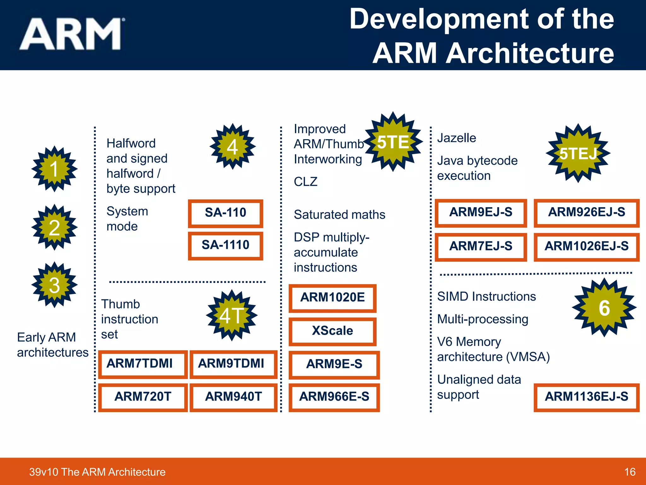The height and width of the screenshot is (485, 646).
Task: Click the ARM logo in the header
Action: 71,34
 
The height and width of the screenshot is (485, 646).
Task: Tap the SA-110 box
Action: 226,213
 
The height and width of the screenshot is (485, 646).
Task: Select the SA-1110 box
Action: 226,246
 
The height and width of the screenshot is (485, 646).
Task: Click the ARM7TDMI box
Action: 143,364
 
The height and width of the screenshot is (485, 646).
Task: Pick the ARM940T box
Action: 233,397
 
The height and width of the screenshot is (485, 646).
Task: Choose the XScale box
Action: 332,331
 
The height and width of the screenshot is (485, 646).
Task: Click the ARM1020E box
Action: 332,298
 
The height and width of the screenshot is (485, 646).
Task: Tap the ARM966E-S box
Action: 334,397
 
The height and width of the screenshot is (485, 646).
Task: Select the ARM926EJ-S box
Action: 586,213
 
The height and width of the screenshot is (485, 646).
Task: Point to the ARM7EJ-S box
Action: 481,247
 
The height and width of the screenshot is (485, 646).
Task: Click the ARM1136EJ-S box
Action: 586,397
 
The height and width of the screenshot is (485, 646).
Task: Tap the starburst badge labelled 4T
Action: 232,315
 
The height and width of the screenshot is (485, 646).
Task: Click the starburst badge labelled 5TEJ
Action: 578,153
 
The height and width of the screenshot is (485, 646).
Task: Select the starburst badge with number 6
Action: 604,308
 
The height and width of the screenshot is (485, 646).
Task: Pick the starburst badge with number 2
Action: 55,227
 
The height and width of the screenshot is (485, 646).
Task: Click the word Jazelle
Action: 456,138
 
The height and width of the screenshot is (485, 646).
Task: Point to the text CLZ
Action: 305,182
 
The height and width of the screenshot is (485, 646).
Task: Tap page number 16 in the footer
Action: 630,472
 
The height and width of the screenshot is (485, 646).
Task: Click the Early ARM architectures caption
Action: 53,345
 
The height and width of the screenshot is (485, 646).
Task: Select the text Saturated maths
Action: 339,215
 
